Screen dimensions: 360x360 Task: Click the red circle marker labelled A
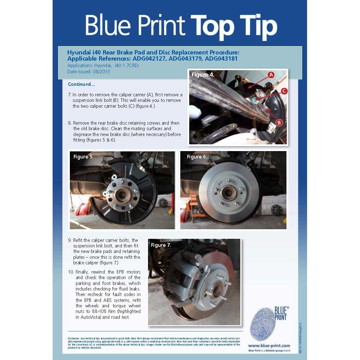[271, 75]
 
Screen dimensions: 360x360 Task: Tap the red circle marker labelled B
[279, 122]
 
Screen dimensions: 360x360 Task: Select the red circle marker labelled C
[284, 91]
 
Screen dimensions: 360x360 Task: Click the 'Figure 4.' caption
[203, 75]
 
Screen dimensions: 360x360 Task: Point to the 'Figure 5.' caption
[83, 157]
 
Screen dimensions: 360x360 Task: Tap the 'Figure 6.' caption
[197, 157]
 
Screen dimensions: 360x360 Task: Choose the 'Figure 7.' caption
[161, 245]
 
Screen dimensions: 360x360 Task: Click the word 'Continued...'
[82, 84]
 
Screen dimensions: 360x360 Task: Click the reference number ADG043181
[221, 58]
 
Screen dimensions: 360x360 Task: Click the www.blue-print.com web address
[269, 346]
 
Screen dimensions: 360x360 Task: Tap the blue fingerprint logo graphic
[263, 324]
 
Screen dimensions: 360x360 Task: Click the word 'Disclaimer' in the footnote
[74, 338]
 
